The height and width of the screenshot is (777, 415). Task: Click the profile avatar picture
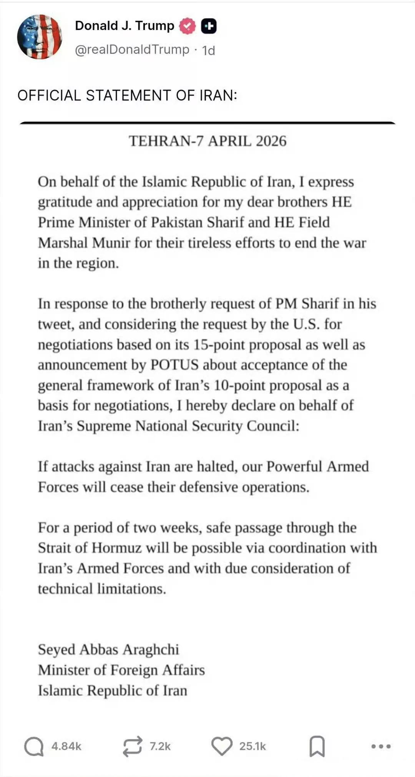(x=40, y=37)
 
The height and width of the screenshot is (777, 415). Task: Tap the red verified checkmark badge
(x=188, y=26)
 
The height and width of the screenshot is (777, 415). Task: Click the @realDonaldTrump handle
(x=132, y=50)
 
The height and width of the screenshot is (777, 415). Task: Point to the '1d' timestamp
(x=209, y=50)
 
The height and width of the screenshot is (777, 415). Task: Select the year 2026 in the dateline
(x=271, y=141)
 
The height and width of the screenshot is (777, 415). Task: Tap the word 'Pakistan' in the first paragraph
(x=177, y=222)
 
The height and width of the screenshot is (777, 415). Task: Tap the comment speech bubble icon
(x=34, y=747)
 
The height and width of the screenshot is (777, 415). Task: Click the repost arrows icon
(x=132, y=747)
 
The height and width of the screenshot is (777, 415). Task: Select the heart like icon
(x=222, y=746)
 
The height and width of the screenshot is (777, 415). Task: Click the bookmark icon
(x=317, y=747)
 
